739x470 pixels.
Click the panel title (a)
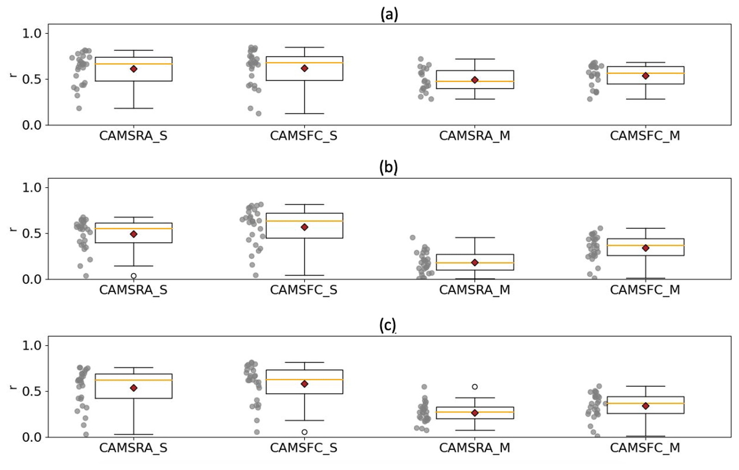tap(389, 14)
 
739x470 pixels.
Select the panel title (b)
tap(388, 167)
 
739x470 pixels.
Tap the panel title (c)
tap(388, 325)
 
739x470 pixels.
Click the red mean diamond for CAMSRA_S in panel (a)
tap(134, 69)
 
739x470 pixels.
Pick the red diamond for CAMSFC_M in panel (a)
tap(646, 76)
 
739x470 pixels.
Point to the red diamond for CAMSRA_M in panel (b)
tap(475, 262)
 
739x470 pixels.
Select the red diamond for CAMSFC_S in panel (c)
tap(304, 384)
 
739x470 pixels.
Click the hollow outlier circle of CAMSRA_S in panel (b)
tap(134, 276)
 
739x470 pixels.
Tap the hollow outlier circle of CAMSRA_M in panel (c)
tap(475, 387)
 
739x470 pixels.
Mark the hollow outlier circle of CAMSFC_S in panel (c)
tap(304, 432)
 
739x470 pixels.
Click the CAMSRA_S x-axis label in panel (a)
tap(133, 136)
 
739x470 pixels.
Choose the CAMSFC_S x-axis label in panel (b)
tap(304, 290)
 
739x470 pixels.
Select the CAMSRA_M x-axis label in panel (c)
tap(474, 448)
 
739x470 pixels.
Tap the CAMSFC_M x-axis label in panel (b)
tap(645, 290)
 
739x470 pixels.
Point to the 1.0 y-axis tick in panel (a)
tap(32, 33)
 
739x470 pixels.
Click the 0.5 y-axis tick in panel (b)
tap(32, 233)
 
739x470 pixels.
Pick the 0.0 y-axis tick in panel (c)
tap(32, 437)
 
